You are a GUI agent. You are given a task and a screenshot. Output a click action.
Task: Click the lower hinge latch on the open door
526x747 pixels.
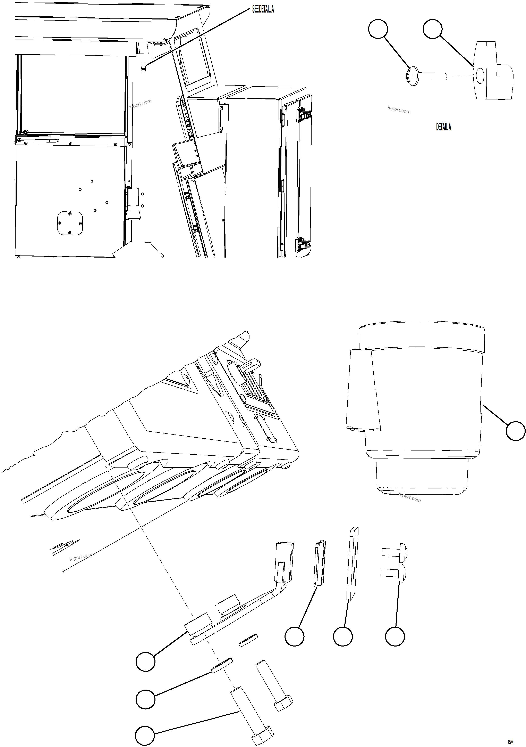pyautogui.click(x=303, y=244)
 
